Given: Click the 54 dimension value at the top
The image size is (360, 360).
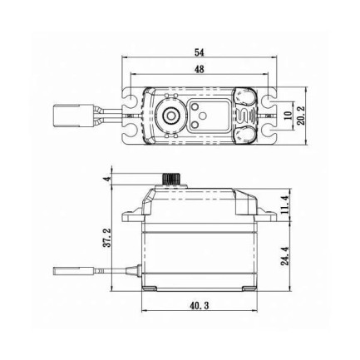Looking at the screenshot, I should click(199, 52).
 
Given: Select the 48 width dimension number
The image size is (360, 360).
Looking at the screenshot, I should click(199, 71).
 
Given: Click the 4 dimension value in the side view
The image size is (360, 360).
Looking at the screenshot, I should click(106, 180).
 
